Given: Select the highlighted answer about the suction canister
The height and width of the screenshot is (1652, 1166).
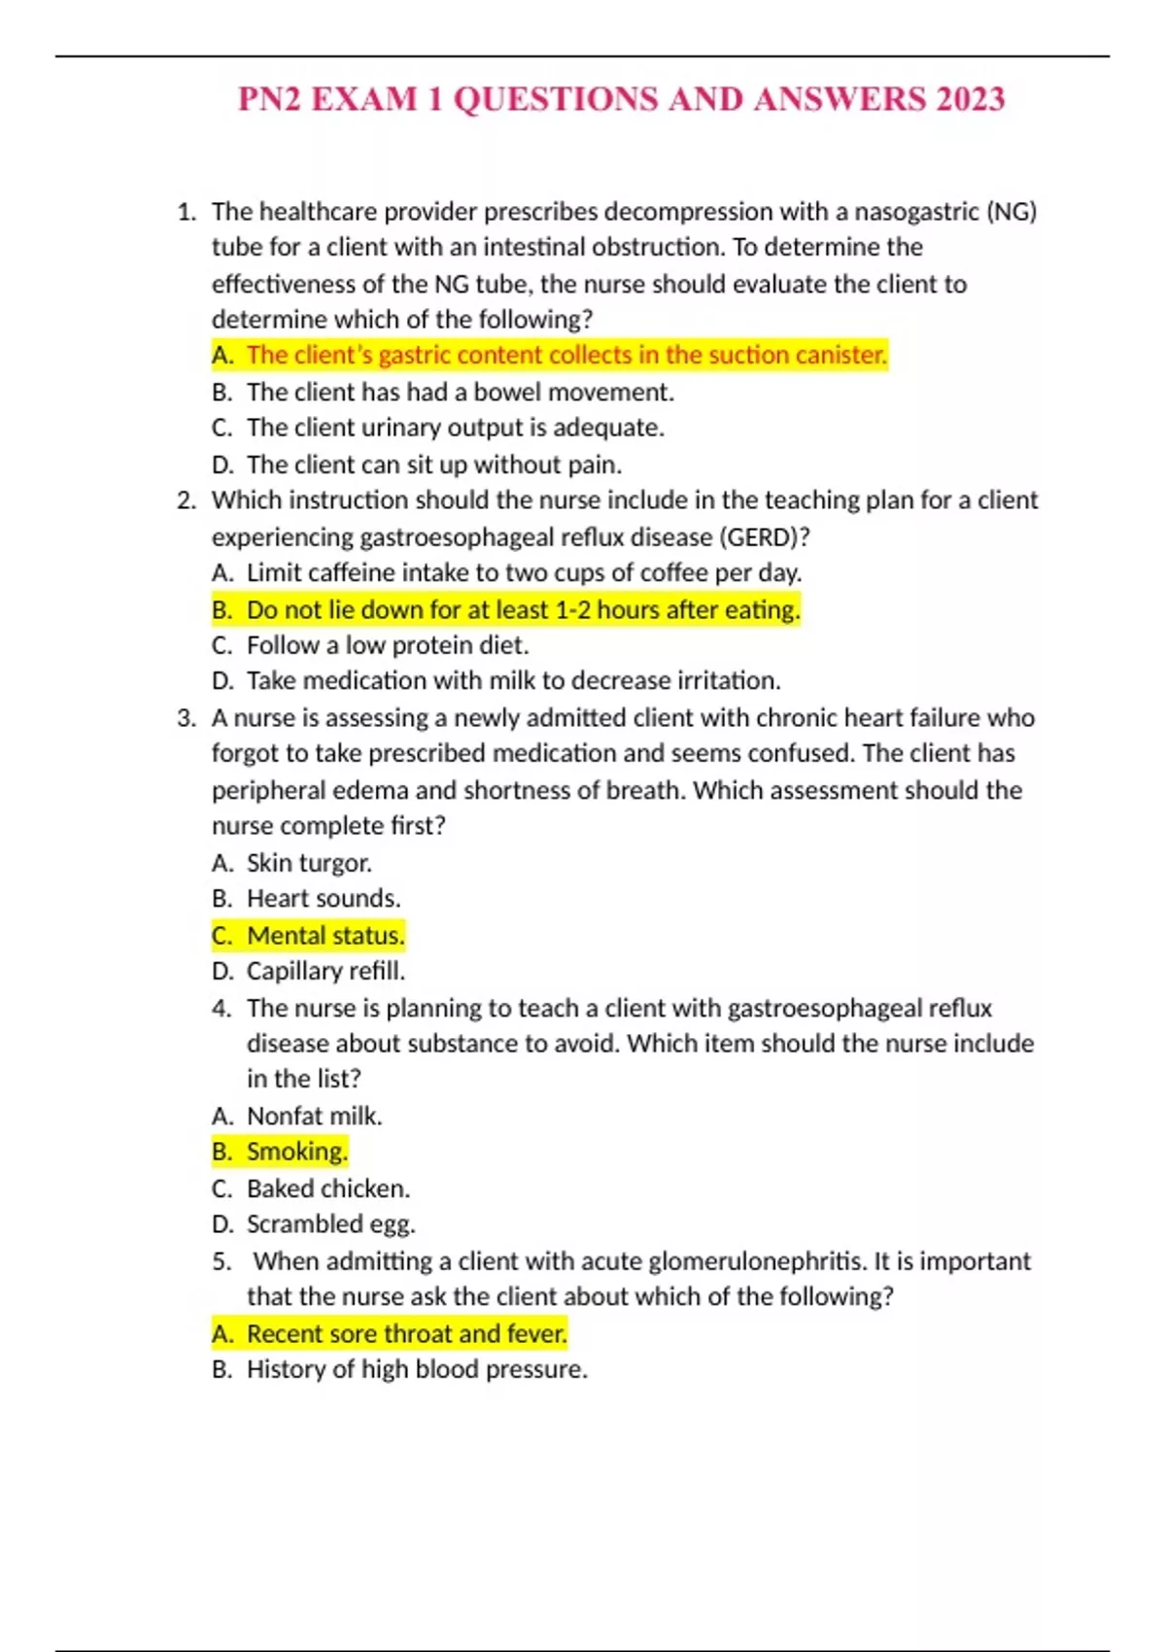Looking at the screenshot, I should click(x=566, y=356).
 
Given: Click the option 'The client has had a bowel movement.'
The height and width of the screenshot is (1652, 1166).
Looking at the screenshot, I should click(x=460, y=393).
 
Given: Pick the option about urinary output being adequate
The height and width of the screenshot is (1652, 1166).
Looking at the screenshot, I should click(x=455, y=429).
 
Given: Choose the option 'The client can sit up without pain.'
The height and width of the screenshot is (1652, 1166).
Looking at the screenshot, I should click(x=433, y=465).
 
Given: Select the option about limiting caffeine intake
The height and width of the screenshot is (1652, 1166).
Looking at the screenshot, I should click(x=524, y=573).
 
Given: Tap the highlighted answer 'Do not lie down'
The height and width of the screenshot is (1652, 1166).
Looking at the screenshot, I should click(x=523, y=610).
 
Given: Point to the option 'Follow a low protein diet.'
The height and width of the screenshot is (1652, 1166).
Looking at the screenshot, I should click(x=388, y=646).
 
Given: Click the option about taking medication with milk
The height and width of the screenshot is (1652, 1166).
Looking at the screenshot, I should click(x=513, y=681).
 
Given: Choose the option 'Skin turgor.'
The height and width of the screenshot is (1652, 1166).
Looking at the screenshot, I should click(x=309, y=863).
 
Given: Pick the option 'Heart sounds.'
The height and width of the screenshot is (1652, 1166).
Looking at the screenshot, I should click(x=323, y=899).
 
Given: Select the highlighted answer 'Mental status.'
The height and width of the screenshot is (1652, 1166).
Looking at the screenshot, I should click(x=325, y=936).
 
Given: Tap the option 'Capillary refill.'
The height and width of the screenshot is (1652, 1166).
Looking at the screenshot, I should click(x=326, y=972).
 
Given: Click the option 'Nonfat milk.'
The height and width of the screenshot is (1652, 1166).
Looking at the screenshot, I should click(x=314, y=1117).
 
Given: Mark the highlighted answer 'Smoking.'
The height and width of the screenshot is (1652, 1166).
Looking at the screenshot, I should click(x=296, y=1153).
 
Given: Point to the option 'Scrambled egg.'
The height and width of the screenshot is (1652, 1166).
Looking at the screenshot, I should click(x=330, y=1224).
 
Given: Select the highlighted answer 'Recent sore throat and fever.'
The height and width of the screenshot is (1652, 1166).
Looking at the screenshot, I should click(x=406, y=1334).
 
